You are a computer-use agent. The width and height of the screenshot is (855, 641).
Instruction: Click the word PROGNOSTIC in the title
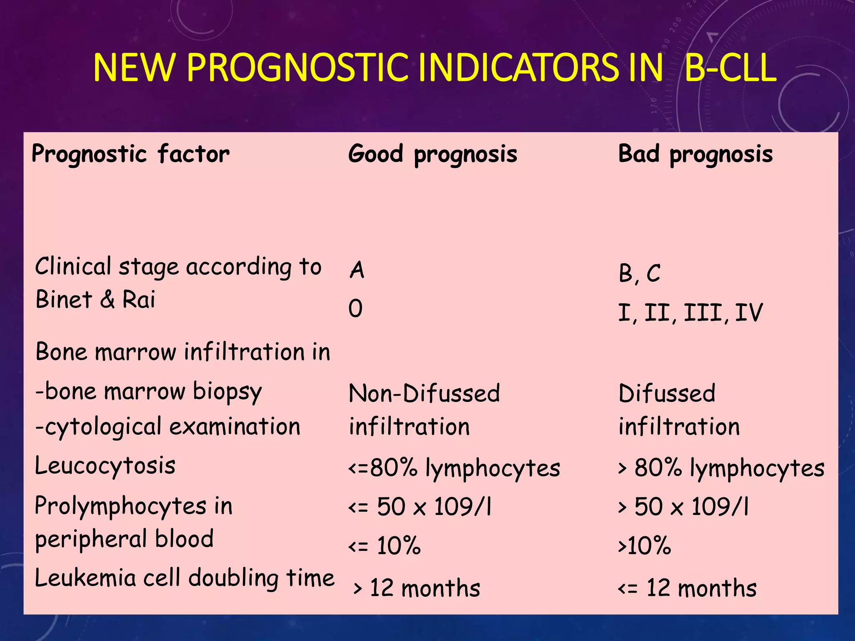pyautogui.click(x=297, y=68)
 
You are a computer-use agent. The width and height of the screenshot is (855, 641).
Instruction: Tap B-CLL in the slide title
pyautogui.click(x=730, y=68)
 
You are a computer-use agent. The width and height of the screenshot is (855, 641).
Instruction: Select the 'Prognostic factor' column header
pyautogui.click(x=131, y=154)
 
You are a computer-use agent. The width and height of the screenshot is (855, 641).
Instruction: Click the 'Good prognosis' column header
pyautogui.click(x=433, y=154)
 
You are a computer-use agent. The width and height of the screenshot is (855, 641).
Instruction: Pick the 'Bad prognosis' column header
pyautogui.click(x=695, y=154)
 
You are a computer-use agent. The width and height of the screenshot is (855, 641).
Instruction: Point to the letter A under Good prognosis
pyautogui.click(x=357, y=270)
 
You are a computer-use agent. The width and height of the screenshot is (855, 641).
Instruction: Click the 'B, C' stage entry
pyautogui.click(x=639, y=274)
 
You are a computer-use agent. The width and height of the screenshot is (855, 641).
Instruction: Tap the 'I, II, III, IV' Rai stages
pyautogui.click(x=690, y=313)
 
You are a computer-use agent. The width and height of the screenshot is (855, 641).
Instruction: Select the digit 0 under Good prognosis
pyautogui.click(x=356, y=309)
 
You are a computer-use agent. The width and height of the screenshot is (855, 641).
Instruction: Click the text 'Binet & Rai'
pyautogui.click(x=95, y=300)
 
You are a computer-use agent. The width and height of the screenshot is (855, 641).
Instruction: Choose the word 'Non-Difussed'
pyautogui.click(x=424, y=394)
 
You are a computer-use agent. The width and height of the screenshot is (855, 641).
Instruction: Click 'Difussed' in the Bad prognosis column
pyautogui.click(x=667, y=394)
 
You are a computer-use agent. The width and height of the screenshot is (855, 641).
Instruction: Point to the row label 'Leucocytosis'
pyautogui.click(x=105, y=466)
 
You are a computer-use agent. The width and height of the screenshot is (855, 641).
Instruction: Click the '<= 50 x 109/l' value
pyautogui.click(x=420, y=507)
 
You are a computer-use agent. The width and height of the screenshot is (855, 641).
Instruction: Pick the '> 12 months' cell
pyautogui.click(x=417, y=588)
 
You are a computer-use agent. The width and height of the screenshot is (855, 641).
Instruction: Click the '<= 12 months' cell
pyautogui.click(x=687, y=588)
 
